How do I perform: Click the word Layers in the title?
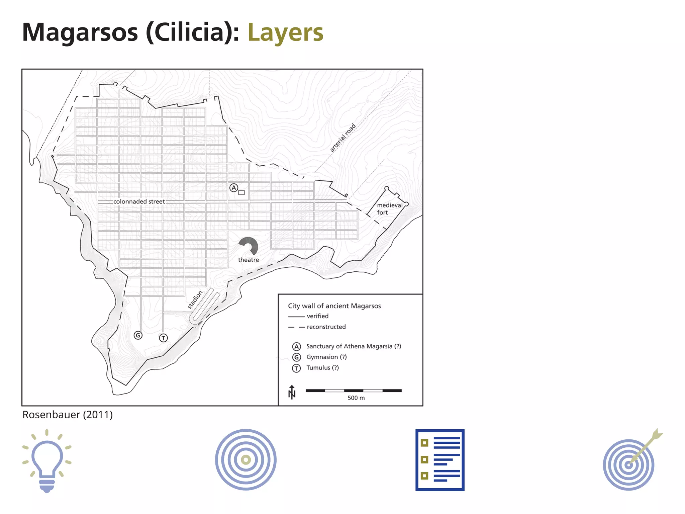click(285, 32)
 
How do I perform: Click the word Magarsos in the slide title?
click(80, 32)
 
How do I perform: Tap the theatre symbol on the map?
click(249, 246)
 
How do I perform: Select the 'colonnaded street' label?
click(139, 201)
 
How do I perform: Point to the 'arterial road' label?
click(342, 138)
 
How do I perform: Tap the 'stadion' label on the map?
click(195, 299)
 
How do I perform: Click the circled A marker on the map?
click(234, 188)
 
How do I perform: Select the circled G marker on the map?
click(138, 335)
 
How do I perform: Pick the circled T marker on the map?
click(163, 338)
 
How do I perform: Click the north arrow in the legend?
click(292, 392)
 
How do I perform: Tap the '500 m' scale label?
click(356, 398)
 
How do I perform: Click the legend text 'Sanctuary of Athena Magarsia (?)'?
click(354, 346)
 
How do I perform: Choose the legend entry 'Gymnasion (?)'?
click(326, 357)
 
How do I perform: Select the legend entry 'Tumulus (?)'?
click(322, 368)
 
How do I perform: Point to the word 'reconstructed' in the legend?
click(326, 327)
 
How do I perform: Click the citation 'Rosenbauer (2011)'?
click(68, 415)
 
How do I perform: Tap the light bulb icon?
click(47, 461)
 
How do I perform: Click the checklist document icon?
click(440, 460)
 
